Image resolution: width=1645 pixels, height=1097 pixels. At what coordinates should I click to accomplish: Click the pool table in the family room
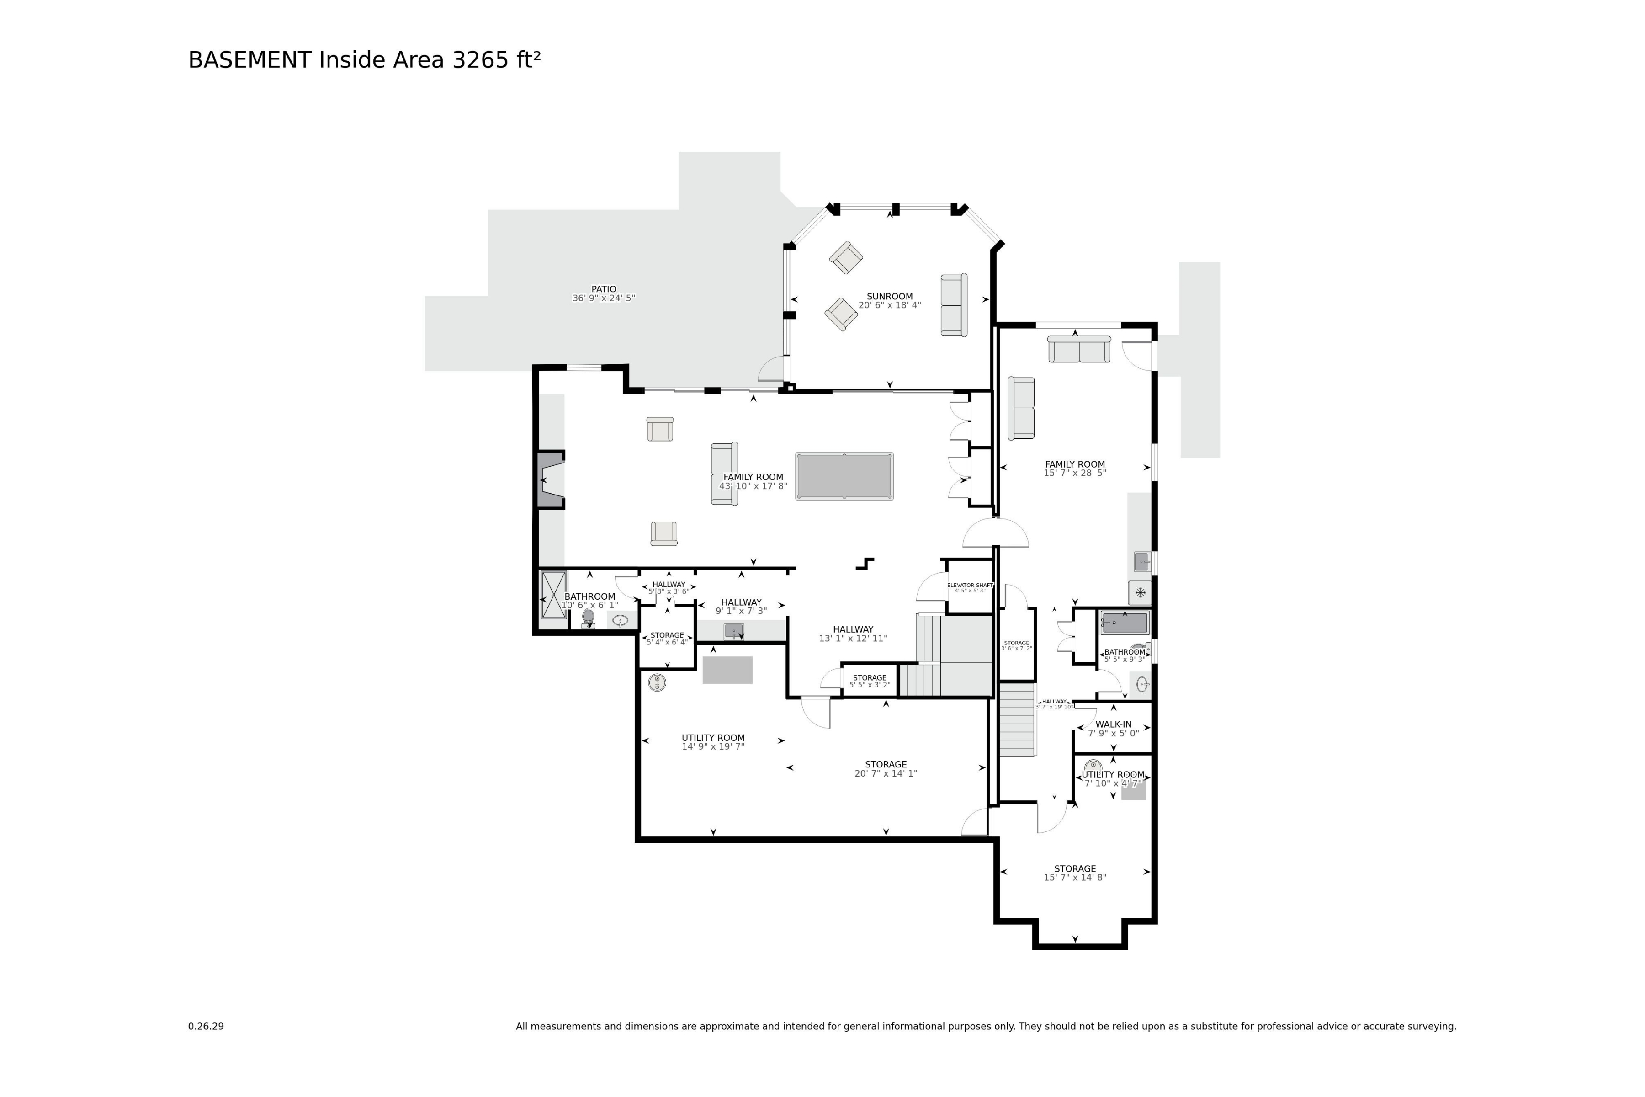[x=844, y=476]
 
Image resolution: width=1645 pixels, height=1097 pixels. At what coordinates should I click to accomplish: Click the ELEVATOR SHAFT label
[x=970, y=585]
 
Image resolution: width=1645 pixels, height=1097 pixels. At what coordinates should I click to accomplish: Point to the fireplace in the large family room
[x=550, y=480]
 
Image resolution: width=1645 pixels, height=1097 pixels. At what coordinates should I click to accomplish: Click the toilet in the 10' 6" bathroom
[x=588, y=618]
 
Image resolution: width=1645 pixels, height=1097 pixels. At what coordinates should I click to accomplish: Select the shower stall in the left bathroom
[x=553, y=596]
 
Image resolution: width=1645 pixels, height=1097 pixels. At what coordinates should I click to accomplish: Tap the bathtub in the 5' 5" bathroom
[x=1125, y=623]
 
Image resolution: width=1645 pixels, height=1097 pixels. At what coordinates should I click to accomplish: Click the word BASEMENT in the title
[x=249, y=61]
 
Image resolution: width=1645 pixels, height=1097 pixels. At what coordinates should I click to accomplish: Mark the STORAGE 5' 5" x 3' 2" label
[x=870, y=678]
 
